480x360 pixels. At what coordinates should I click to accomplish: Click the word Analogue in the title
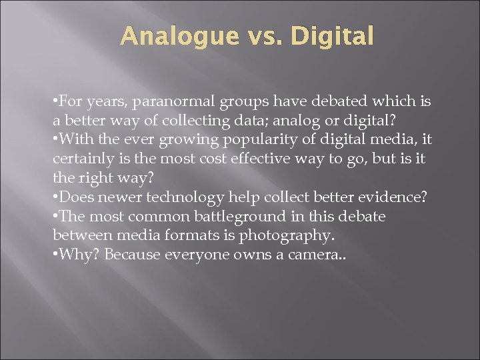point(172,36)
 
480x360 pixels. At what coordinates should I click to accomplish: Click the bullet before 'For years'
point(54,103)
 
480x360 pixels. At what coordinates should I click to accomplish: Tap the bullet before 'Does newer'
point(54,198)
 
